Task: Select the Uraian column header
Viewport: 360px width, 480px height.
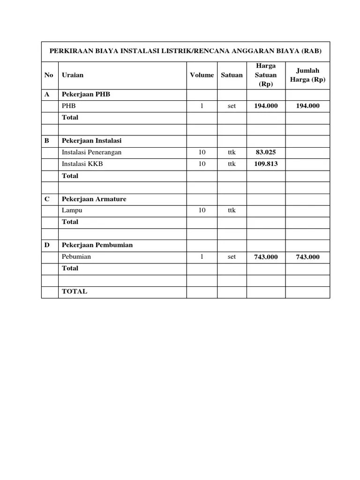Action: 73,75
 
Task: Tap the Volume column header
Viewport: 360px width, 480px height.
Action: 202,75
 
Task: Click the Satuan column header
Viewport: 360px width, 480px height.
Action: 232,75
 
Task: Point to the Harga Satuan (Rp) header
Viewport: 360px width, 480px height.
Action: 266,75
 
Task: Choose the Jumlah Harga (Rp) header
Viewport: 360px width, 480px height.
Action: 307,75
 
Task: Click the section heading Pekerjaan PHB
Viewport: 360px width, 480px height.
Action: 86,94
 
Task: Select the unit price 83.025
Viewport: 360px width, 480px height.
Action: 266,152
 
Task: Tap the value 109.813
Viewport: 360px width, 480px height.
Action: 266,164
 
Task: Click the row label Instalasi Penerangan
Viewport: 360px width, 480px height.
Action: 91,152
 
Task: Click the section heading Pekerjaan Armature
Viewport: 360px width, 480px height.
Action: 94,199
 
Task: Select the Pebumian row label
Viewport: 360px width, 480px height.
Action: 76,256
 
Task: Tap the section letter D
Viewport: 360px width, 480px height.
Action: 47,245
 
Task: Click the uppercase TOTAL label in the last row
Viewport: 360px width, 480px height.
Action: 75,291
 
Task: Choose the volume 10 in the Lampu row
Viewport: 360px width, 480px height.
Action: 202,210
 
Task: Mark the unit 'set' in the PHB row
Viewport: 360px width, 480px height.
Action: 232,106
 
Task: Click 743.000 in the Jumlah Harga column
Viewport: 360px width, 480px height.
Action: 307,257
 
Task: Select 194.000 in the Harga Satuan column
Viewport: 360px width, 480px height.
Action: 266,106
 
